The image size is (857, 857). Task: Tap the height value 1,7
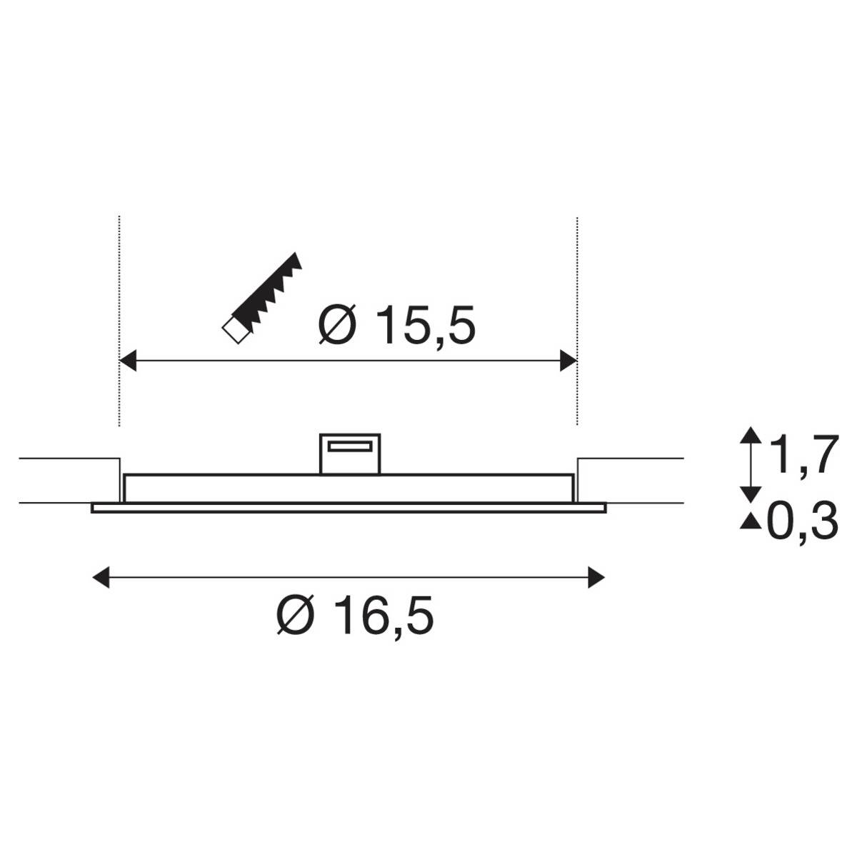tap(801, 457)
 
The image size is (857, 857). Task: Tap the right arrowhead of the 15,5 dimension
tap(568, 361)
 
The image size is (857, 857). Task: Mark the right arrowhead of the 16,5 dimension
tap(596, 576)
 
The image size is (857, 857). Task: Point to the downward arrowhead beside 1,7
tap(750, 492)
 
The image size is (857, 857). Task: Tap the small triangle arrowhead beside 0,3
tap(750, 523)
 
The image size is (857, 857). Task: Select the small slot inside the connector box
tap(349, 446)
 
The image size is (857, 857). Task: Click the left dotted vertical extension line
tap(119, 286)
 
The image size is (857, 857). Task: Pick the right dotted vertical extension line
tap(576, 286)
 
